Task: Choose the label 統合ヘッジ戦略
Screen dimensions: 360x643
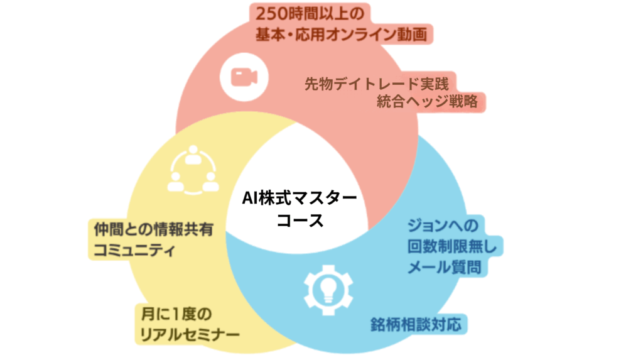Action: point(428,101)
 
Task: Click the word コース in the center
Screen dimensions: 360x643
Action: point(300,221)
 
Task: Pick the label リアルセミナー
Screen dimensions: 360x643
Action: point(190,333)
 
